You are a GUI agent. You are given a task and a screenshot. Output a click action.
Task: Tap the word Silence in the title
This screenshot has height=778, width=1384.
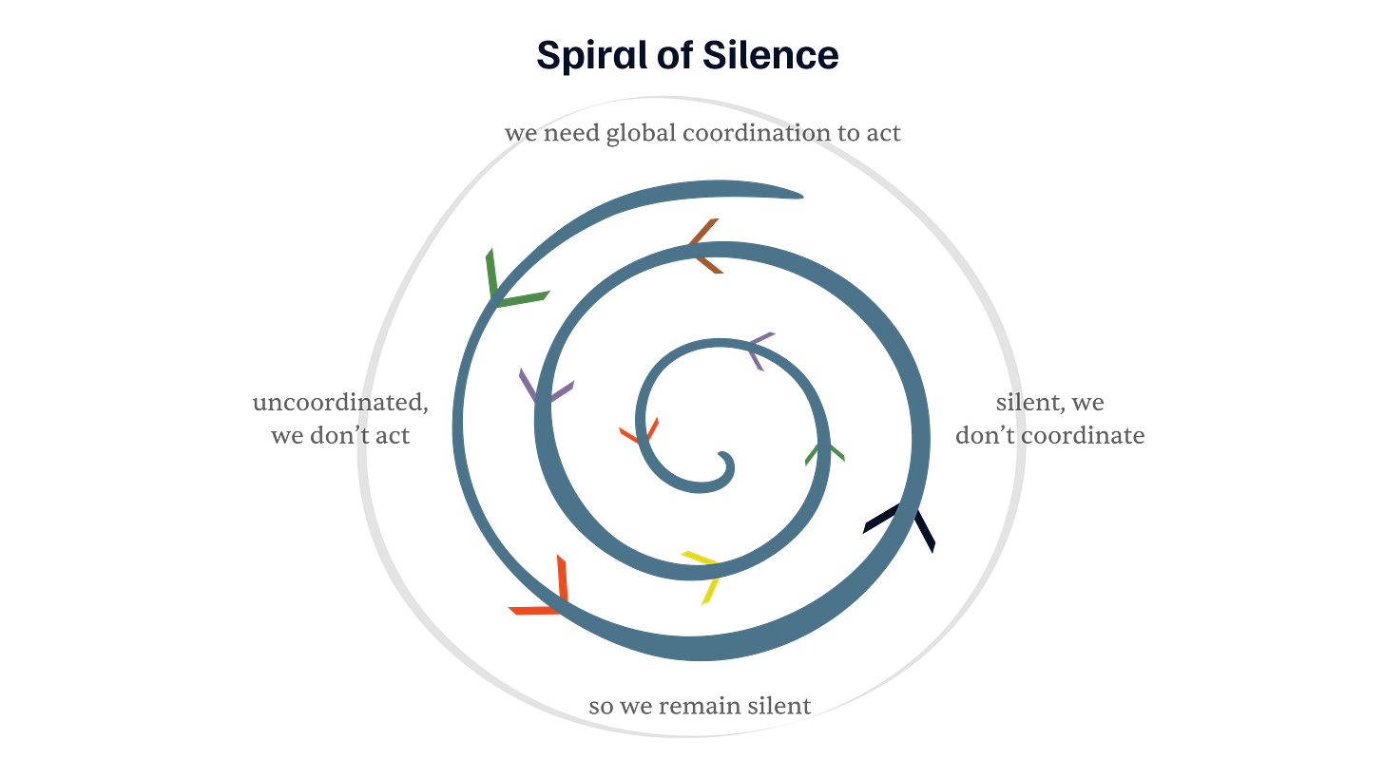(771, 56)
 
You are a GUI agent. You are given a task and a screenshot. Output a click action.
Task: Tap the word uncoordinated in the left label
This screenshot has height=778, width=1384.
(339, 403)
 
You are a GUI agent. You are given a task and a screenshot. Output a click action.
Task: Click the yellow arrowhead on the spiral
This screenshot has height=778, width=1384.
(703, 571)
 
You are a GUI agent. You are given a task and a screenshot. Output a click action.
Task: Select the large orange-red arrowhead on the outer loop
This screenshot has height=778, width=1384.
(546, 592)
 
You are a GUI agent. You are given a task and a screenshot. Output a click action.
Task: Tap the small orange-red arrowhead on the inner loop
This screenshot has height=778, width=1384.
(640, 430)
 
